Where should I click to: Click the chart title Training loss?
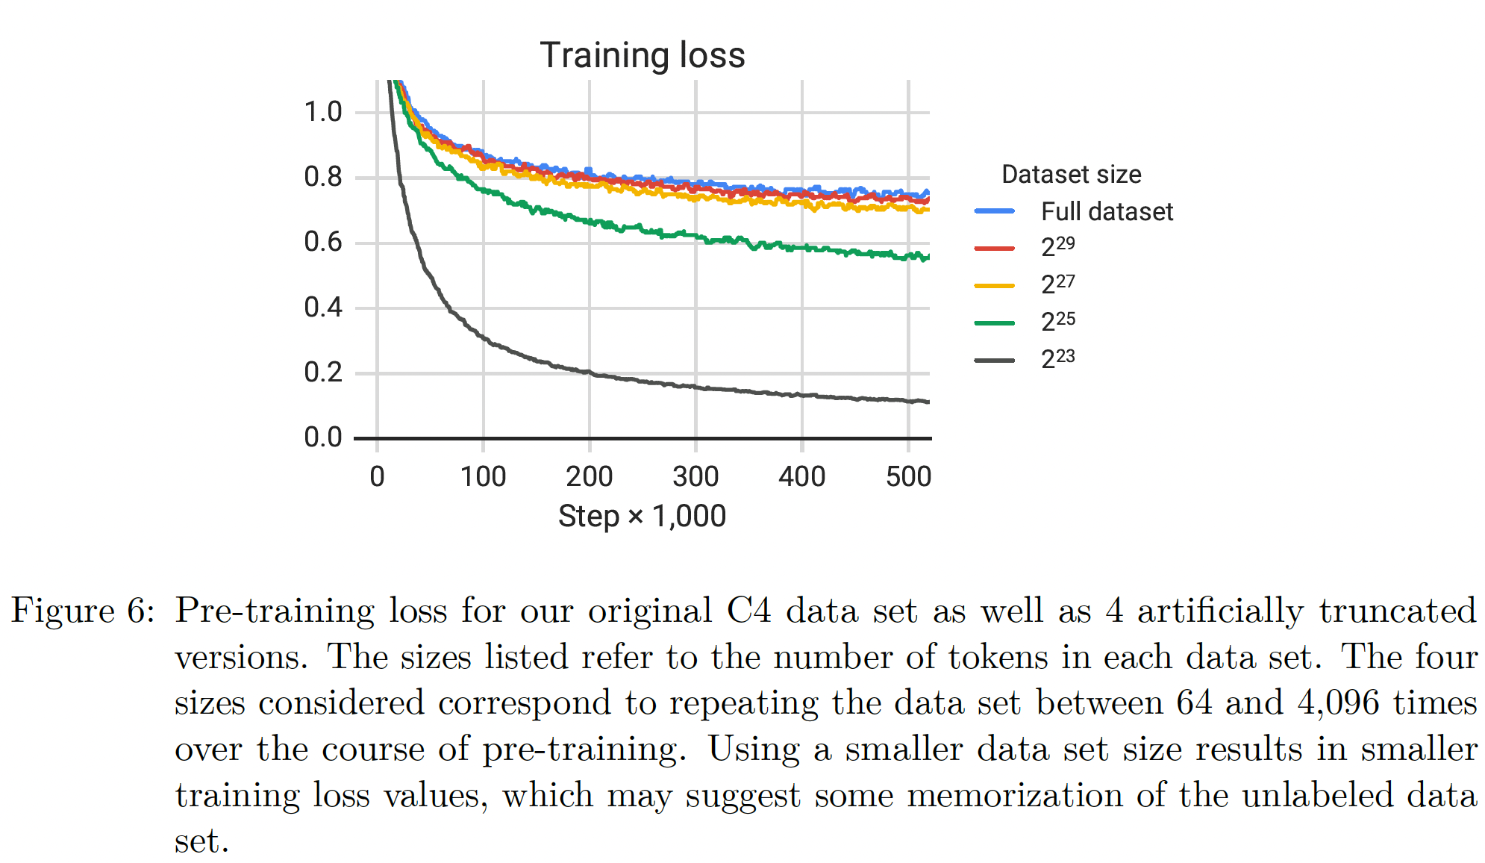click(642, 55)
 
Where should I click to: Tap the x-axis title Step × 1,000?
click(642, 516)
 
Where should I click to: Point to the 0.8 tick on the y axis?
click(322, 177)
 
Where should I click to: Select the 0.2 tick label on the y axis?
click(322, 372)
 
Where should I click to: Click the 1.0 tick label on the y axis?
click(322, 112)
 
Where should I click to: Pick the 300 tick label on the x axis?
click(695, 476)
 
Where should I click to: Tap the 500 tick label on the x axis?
click(908, 476)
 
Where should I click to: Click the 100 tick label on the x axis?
click(483, 476)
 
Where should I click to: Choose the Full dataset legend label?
click(1107, 212)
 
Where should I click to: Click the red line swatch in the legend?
click(994, 248)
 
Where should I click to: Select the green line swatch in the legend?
click(994, 323)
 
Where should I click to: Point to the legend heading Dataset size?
click(1071, 175)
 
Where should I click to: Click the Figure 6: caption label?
click(83, 611)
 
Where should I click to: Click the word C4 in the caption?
click(748, 611)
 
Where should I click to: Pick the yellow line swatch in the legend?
click(994, 285)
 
